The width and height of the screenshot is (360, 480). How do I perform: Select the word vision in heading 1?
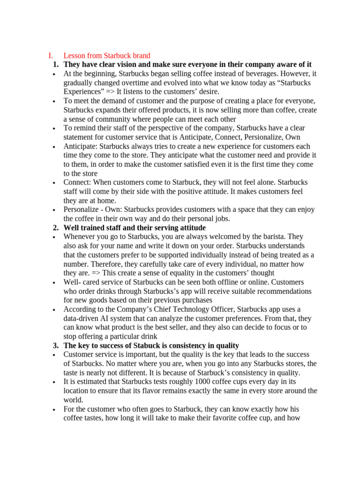[x=128, y=65]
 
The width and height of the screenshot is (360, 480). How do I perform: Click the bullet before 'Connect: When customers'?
[x=55, y=183]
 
